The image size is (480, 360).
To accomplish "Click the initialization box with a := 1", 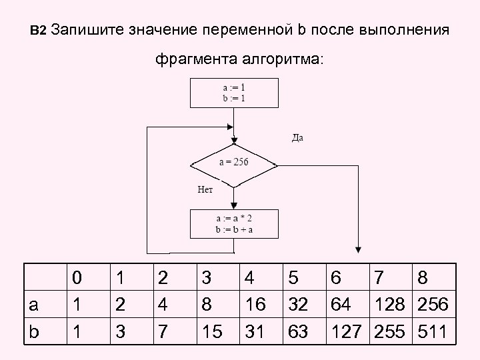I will [233, 93].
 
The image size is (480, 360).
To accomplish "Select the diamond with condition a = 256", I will [233, 163].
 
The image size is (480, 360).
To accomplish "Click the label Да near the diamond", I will [297, 138].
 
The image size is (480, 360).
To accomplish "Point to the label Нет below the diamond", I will [205, 189].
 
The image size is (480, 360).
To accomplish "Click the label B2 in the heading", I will [38, 31].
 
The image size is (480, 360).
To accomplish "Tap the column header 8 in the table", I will [425, 277].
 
